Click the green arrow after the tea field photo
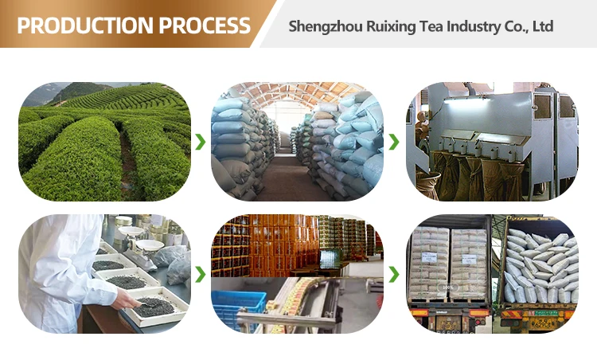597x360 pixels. coord(201,143)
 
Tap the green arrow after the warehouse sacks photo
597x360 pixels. coord(394,143)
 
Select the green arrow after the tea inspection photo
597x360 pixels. coord(201,274)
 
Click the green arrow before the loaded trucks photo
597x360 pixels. coord(394,274)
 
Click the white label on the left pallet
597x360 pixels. coord(429,258)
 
